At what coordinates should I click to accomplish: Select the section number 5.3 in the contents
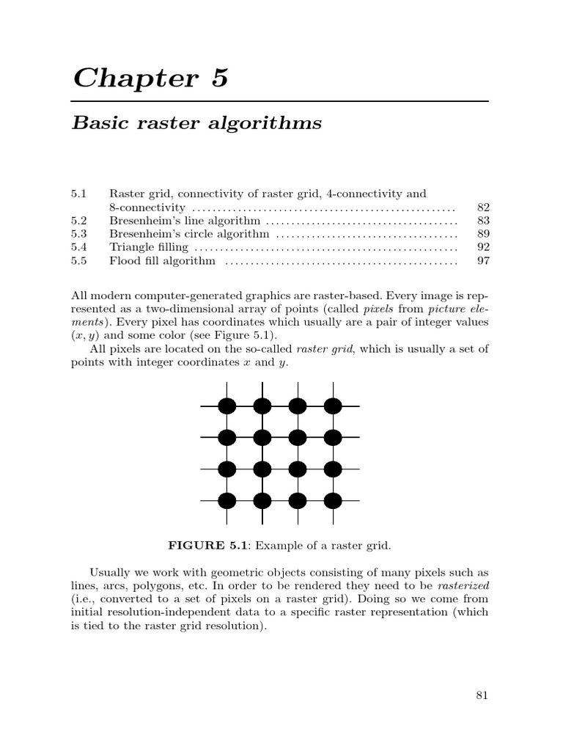tap(79, 234)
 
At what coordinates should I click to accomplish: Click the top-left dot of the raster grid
tap(227, 406)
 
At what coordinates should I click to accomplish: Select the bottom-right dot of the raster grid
tap(333, 501)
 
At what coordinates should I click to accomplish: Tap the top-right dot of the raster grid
tap(333, 406)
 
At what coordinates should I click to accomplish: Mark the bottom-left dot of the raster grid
tap(227, 501)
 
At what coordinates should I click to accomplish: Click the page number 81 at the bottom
tap(482, 696)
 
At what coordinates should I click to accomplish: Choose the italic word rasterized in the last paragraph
tap(463, 585)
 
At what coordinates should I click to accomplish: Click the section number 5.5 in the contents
tap(79, 261)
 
